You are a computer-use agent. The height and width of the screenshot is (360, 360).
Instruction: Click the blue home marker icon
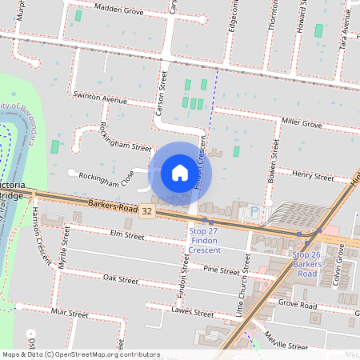pyautogui.click(x=180, y=172)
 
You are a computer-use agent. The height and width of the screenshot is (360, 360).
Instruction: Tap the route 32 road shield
pyautogui.click(x=146, y=212)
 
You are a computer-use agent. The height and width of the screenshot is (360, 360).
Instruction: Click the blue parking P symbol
pyautogui.click(x=254, y=212)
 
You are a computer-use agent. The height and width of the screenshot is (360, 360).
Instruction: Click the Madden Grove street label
pyautogui.click(x=118, y=11)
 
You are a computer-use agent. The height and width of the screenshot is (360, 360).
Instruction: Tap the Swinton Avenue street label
pyautogui.click(x=100, y=101)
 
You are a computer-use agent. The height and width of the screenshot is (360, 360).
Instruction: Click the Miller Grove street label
pyautogui.click(x=301, y=124)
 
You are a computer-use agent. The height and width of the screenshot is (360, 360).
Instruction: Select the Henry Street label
pyautogui.click(x=313, y=175)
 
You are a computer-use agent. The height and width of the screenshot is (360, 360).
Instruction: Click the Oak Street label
pyautogui.click(x=121, y=279)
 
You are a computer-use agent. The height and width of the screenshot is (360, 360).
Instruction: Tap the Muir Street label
pyautogui.click(x=69, y=313)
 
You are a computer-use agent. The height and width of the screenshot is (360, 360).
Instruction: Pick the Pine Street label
pyautogui.click(x=222, y=271)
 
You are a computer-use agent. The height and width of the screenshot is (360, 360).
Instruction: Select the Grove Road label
pyautogui.click(x=298, y=306)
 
